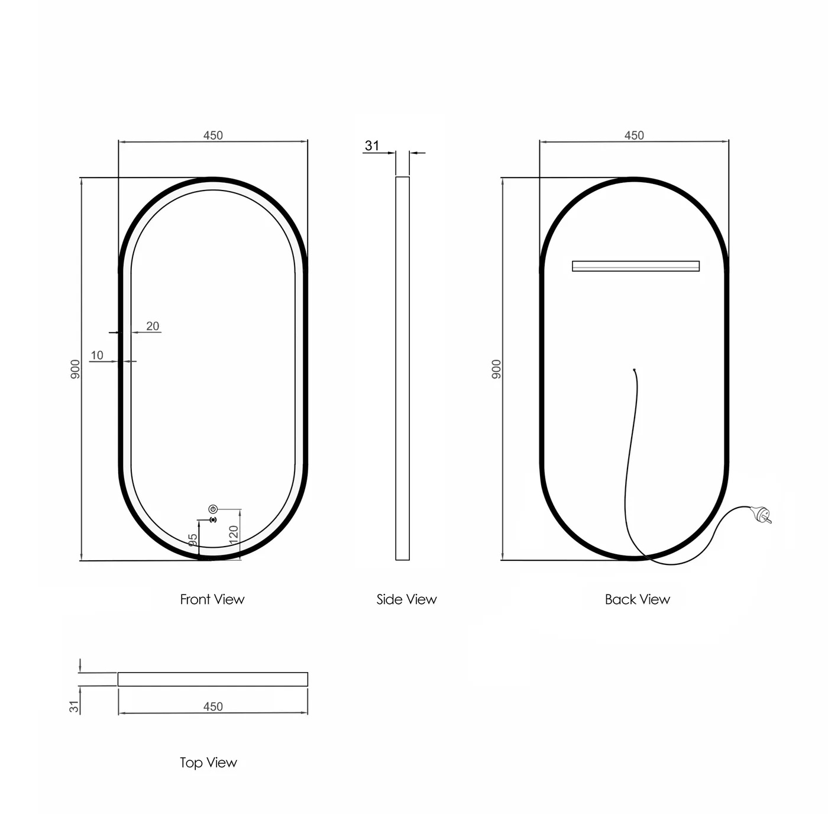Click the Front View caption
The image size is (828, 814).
212,599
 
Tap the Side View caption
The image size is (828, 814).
406,599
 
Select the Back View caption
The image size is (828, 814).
637,599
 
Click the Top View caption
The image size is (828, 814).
208,763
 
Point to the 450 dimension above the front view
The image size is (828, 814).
213,135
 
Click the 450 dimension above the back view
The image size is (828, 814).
634,135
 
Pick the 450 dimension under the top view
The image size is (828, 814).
213,706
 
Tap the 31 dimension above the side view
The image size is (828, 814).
372,146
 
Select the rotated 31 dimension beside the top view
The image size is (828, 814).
74,706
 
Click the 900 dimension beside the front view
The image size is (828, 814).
75,369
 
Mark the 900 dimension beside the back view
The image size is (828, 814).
496,369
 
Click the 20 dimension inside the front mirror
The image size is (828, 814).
153,326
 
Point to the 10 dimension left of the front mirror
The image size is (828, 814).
97,355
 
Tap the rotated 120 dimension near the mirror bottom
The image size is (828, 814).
234,534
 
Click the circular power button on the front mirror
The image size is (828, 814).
213,509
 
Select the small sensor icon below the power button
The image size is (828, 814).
213,520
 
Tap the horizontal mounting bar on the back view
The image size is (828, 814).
636,266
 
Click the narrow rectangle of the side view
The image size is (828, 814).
402,368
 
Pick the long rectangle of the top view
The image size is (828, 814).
213,679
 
